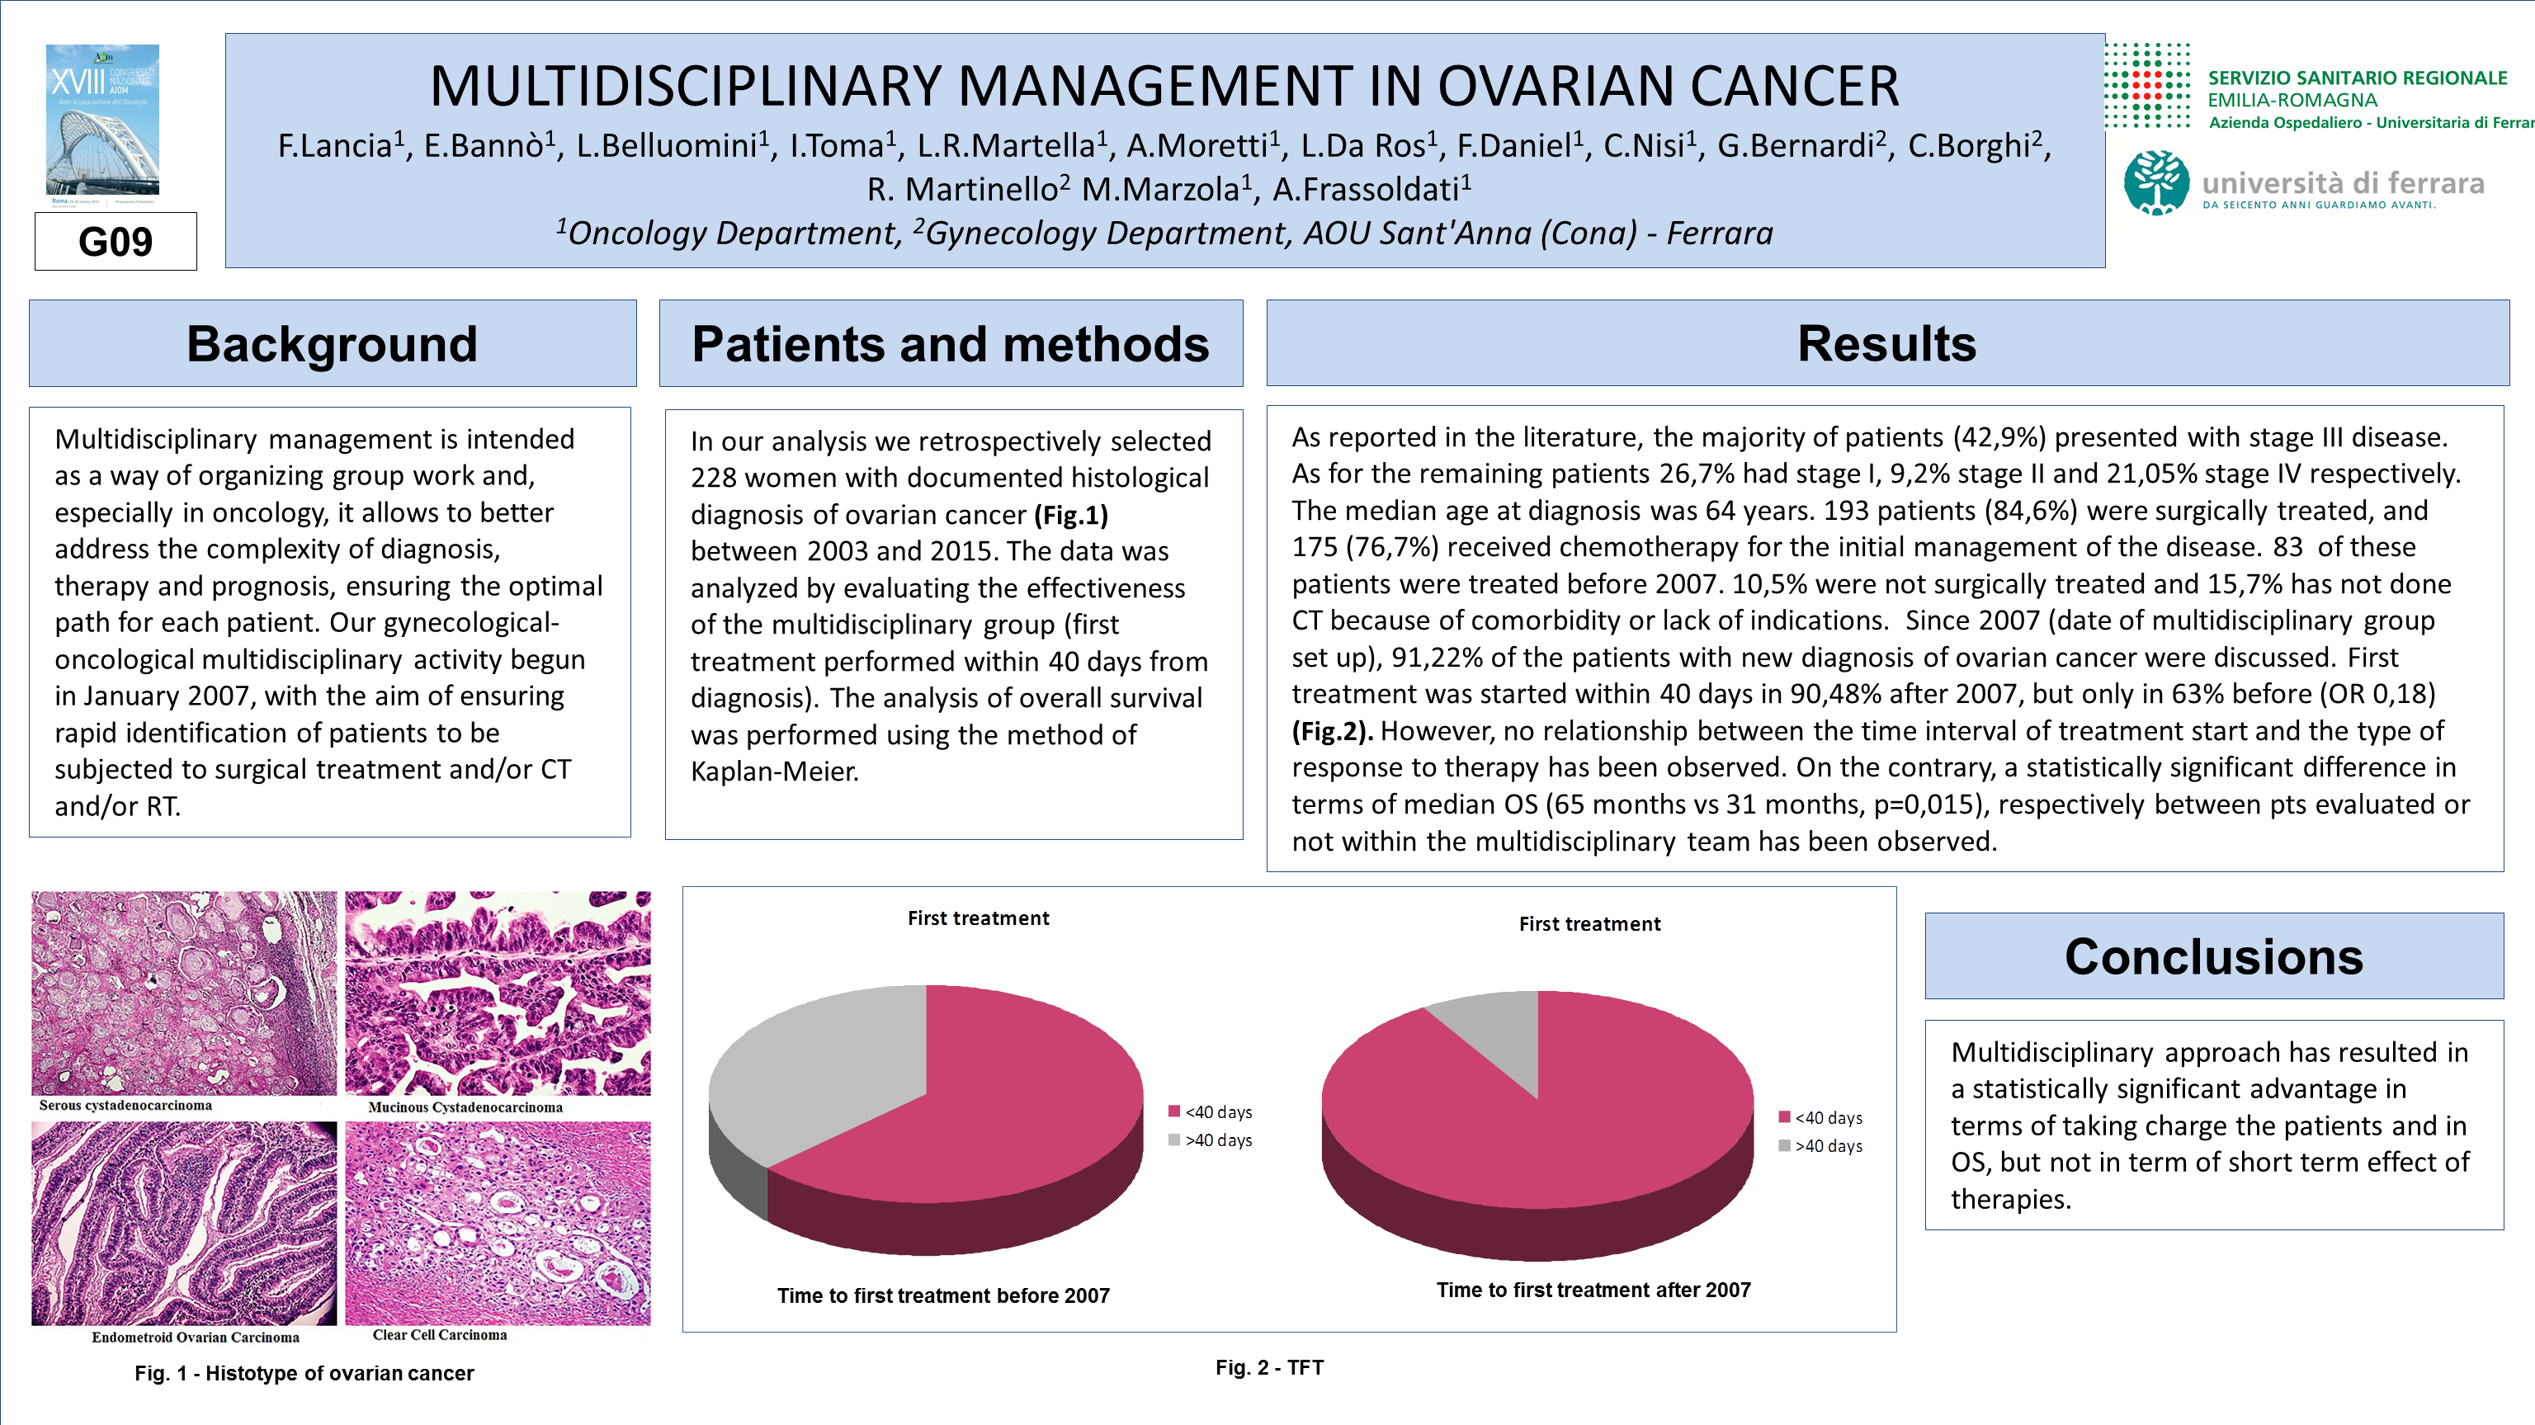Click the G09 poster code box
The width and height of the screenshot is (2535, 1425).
click(x=116, y=242)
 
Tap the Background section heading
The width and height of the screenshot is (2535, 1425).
click(x=332, y=344)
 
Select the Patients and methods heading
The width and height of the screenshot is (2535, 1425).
click(x=950, y=344)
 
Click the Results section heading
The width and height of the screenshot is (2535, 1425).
click(x=1886, y=343)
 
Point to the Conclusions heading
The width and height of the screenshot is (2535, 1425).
click(x=2213, y=956)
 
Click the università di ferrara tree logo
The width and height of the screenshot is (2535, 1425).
click(x=2156, y=183)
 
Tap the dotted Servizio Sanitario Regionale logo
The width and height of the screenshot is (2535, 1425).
click(x=2147, y=86)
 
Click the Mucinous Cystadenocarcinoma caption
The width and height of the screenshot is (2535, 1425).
click(x=465, y=1107)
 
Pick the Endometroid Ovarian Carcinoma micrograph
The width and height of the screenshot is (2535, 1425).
click(x=184, y=1224)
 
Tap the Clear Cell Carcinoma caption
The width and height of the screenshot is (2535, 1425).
click(x=440, y=1335)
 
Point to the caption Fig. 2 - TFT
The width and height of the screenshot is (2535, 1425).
click(x=1269, y=1367)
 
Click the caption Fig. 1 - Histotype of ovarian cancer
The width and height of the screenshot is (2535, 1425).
click(x=304, y=1373)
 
